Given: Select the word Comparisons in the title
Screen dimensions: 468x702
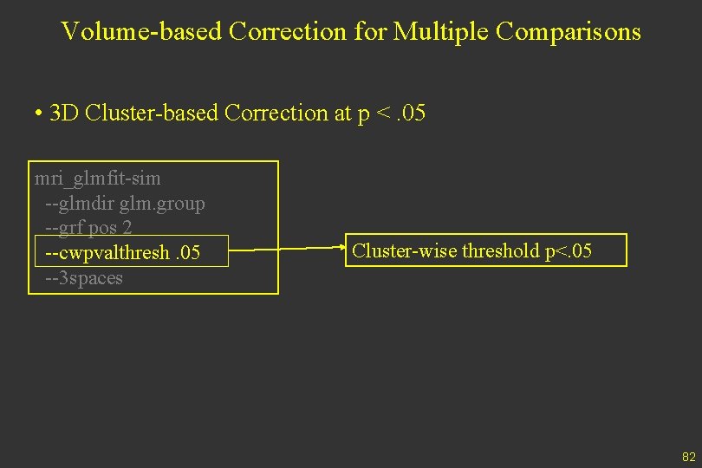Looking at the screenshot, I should pos(569,32).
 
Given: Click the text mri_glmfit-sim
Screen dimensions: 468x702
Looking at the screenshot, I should pos(97,179).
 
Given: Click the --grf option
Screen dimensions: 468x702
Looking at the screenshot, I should pos(61,228).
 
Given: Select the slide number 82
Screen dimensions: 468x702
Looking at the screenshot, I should pos(689,457).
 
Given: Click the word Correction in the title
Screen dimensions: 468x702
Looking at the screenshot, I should pos(284,32).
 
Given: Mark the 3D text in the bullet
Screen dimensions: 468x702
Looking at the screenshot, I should pos(66,114).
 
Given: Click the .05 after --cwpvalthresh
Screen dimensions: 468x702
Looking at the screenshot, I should pos(185,253).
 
